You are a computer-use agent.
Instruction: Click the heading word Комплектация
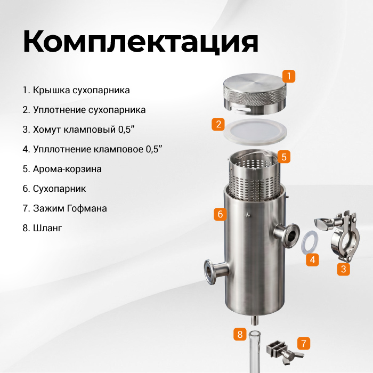141,42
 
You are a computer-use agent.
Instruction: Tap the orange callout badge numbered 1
289,76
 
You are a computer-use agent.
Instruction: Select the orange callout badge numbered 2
218,124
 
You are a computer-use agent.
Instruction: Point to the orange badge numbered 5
284,157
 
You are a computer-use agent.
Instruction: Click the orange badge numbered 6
220,214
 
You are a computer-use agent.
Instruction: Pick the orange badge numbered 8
240,334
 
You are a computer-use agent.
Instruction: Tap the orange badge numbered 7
304,343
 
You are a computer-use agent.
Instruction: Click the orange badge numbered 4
312,260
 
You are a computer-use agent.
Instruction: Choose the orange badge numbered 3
344,269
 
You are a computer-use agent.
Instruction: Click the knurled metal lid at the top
255,94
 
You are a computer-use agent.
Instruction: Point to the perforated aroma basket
255,175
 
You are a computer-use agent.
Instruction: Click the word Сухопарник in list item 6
59,189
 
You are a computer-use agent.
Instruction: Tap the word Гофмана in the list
87,208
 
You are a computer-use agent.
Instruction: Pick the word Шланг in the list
47,228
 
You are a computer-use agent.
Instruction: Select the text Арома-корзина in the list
67,169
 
